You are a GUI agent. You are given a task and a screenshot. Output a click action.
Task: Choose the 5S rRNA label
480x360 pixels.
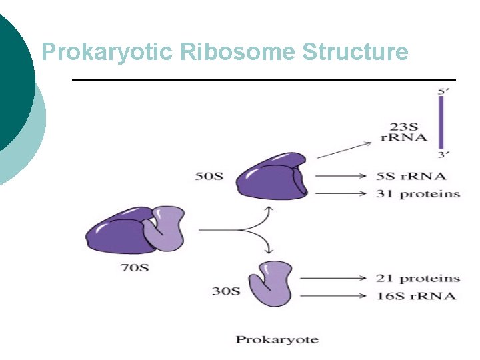[x=410, y=177]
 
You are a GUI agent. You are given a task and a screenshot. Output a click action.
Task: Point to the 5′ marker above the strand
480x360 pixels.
[x=441, y=92]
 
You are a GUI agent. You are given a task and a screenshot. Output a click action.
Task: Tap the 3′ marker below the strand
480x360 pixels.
[x=441, y=155]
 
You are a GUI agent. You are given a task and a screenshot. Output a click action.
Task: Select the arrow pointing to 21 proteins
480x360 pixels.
[x=332, y=278]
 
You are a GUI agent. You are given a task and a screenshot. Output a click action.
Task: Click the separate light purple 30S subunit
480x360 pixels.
[x=270, y=283]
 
